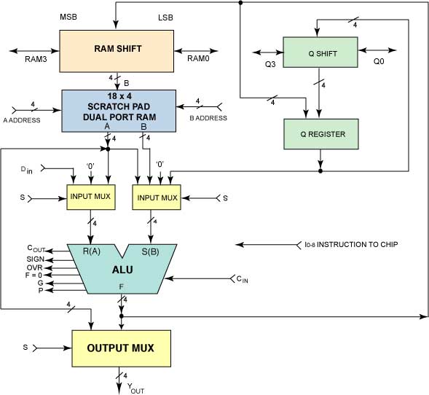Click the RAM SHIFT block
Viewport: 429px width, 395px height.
117,51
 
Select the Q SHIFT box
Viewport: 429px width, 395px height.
320,52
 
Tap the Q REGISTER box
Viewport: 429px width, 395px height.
321,134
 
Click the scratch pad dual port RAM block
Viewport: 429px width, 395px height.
119,111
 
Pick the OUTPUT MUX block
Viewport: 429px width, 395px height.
122,348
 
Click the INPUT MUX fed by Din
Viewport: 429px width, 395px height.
91,197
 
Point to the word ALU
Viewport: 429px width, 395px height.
122,270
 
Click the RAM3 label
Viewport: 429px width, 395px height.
36,59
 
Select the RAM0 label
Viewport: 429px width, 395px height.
198,58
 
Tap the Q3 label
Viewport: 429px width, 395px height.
270,64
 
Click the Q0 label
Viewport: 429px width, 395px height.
379,61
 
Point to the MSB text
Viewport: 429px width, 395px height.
68,17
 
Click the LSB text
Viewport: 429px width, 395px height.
165,17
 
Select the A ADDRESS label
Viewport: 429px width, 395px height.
22,120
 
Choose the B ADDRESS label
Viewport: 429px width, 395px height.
208,118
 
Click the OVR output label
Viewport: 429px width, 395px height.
35,267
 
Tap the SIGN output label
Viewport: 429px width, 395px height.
35,259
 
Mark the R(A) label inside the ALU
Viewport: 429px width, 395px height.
91,251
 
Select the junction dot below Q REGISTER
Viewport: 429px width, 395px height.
320,171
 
